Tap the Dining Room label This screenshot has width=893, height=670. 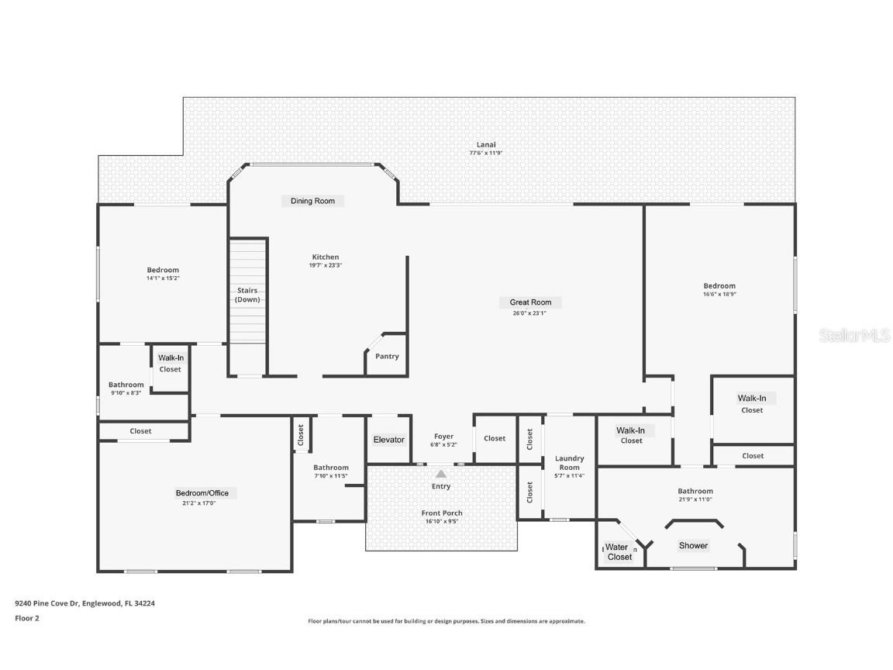312,201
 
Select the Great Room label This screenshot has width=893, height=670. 530,302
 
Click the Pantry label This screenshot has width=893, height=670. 387,357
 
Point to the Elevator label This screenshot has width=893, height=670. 388,440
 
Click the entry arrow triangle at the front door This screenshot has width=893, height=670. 441,474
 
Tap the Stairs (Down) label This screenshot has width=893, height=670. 247,295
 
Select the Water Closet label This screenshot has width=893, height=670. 619,552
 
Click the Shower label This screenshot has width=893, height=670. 693,546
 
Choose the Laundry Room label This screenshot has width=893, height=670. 569,463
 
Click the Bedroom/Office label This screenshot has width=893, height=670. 202,493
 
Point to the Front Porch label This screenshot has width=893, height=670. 442,513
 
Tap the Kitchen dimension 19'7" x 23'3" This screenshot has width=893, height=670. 326,265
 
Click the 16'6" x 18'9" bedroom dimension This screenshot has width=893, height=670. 719,295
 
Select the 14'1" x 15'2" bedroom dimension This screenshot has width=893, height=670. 163,278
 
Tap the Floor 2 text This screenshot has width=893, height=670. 26,618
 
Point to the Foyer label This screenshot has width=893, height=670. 443,437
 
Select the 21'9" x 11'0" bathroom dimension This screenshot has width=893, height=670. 695,499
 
